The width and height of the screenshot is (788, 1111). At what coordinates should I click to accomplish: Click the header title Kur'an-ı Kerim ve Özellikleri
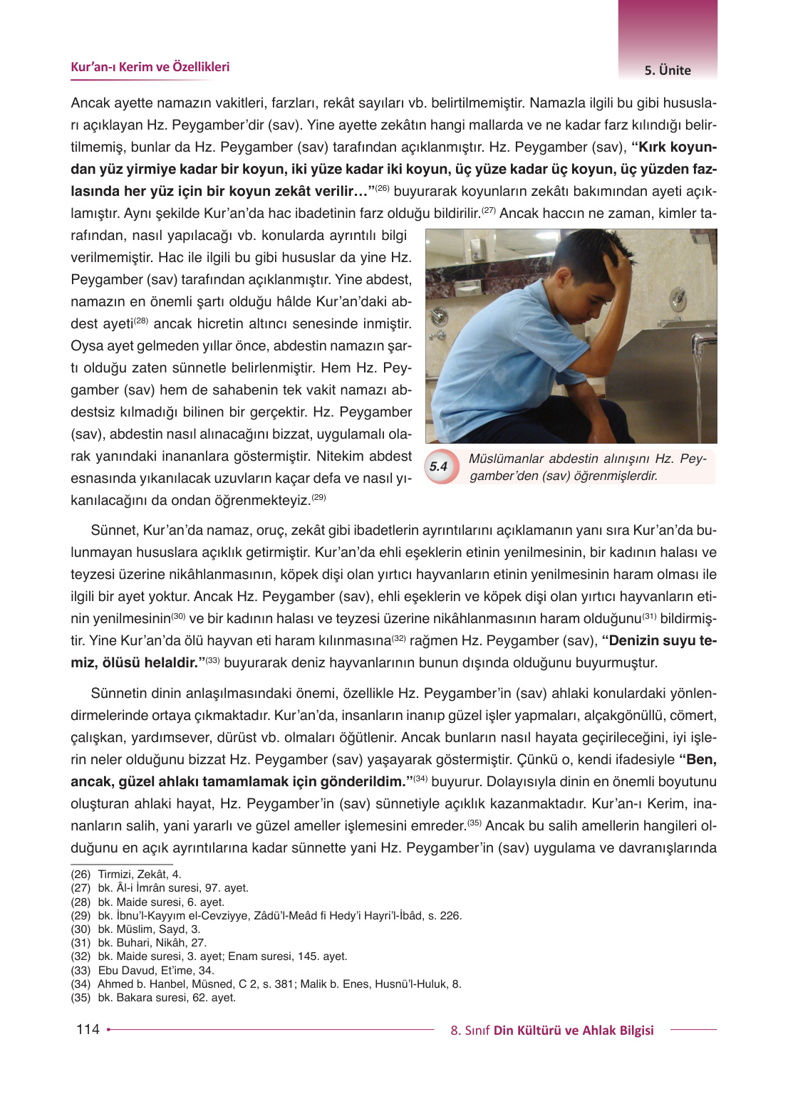click(150, 67)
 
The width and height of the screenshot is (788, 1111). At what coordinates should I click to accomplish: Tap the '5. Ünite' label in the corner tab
click(668, 71)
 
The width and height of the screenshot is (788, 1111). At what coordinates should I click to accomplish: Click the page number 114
click(88, 1029)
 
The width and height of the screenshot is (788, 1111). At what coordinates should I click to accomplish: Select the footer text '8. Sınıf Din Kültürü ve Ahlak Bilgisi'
click(551, 1031)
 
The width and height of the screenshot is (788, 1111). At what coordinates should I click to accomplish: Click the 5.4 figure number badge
click(439, 466)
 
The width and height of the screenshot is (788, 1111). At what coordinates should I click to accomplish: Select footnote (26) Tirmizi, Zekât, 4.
click(126, 874)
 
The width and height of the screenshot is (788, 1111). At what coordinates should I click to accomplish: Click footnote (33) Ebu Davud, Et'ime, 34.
click(142, 970)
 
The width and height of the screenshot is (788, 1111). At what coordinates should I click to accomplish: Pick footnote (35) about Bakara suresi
click(153, 998)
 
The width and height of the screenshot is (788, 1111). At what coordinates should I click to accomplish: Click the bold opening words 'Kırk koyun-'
click(674, 147)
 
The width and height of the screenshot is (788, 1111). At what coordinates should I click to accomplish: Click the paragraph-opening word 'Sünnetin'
click(118, 694)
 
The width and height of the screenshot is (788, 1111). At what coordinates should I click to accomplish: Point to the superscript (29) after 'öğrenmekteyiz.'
click(319, 497)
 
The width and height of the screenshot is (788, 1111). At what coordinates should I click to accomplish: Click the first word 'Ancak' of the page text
click(90, 103)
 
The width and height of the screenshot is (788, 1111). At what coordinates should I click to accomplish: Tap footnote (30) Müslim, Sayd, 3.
click(135, 929)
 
